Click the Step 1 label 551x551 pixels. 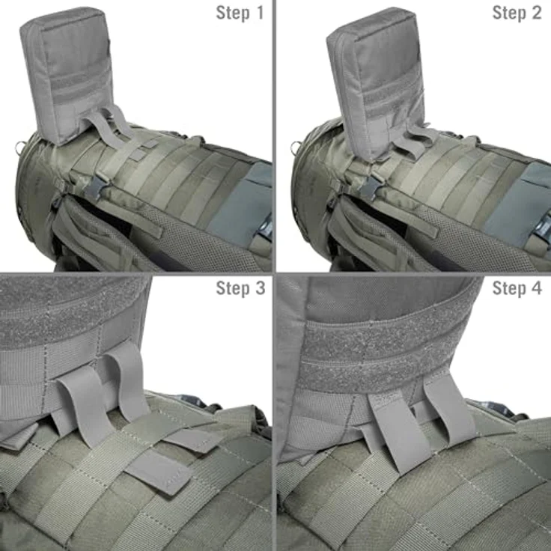(x=240, y=13)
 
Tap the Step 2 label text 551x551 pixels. (x=517, y=13)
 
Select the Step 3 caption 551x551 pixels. (x=240, y=288)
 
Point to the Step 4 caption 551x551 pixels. (x=517, y=288)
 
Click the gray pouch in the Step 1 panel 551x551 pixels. (x=67, y=74)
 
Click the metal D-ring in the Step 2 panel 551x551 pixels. (x=295, y=147)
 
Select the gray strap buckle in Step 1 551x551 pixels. (x=96, y=186)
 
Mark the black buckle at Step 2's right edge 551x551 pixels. (x=545, y=228)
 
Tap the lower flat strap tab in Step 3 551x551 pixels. (x=159, y=471)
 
